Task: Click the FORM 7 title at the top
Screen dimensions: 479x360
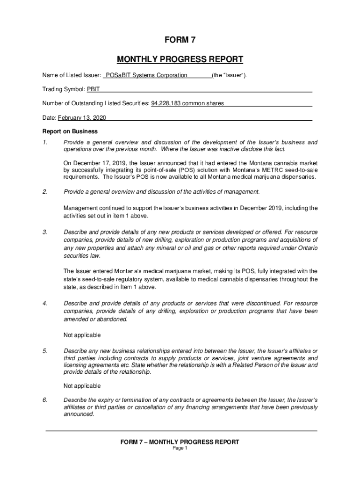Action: tap(180, 40)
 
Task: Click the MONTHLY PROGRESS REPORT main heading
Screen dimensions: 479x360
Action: tap(180, 59)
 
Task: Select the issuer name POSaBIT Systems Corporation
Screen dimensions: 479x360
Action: tap(146, 75)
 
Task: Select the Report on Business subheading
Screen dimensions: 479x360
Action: tap(70, 131)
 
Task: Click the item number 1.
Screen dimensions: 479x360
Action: tap(44, 142)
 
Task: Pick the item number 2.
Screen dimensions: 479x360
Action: tap(44, 192)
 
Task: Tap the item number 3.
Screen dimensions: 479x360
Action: tap(44, 232)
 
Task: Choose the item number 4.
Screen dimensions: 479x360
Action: tap(44, 304)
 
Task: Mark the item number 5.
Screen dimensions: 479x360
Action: tap(44, 351)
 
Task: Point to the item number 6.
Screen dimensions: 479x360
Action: tap(44, 400)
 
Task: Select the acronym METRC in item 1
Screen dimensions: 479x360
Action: tap(262, 170)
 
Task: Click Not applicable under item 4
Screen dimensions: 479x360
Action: tap(82, 335)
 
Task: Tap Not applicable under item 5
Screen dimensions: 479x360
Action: tap(82, 386)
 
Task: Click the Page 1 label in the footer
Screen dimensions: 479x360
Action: tap(180, 448)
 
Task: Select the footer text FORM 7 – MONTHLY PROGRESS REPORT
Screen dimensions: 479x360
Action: tap(180, 442)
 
